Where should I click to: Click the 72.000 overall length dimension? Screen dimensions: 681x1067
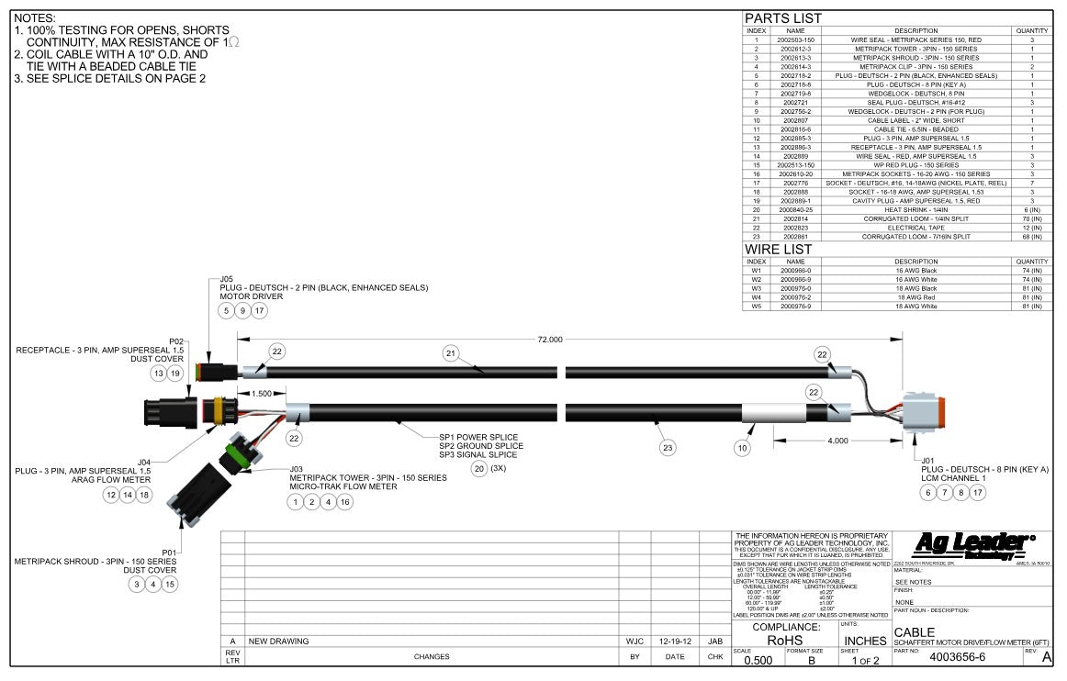[x=549, y=340]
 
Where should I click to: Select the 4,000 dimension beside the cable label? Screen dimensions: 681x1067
[x=837, y=441]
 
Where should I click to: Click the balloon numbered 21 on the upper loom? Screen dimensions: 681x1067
[x=449, y=352]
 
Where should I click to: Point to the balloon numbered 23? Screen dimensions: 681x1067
[x=668, y=448]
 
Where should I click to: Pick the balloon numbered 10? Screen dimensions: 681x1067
[x=743, y=449]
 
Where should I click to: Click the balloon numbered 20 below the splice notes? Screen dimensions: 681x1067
[x=478, y=468]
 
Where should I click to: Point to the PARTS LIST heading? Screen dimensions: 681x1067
[x=782, y=18]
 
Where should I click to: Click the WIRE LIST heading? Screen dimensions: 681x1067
[x=778, y=249]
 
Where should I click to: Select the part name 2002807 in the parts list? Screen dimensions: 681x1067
[x=795, y=120]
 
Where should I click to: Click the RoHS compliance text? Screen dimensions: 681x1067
[x=785, y=642]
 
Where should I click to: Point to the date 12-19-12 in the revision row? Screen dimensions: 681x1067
[x=675, y=641]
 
